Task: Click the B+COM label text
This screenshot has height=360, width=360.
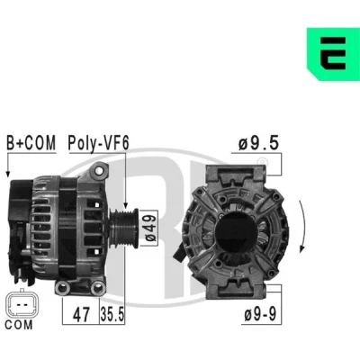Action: [x=31, y=143]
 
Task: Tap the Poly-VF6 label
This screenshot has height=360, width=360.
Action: [x=98, y=143]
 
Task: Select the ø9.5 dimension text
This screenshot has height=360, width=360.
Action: [x=258, y=143]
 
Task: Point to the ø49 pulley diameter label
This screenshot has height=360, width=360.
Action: [x=151, y=228]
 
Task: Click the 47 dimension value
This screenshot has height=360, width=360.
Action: [x=81, y=314]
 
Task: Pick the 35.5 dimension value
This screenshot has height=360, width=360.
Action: [x=112, y=314]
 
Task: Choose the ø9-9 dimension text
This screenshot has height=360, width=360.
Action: [x=260, y=314]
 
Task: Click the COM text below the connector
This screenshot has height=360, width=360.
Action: [x=19, y=325]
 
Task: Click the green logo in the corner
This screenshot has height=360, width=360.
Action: [x=333, y=54]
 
